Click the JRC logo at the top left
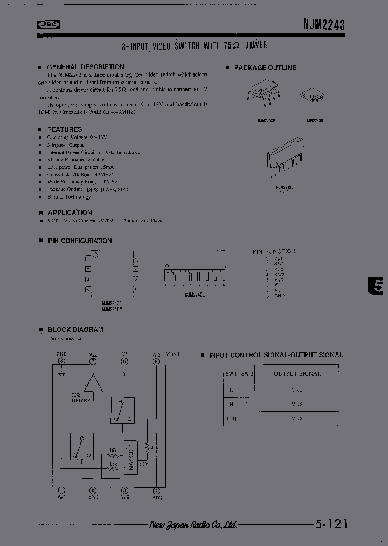click(x=48, y=24)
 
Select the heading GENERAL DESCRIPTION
click(x=86, y=67)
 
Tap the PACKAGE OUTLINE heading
click(x=265, y=67)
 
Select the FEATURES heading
click(x=65, y=129)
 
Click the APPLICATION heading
click(x=70, y=213)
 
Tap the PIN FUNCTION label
click(x=274, y=251)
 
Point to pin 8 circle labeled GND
click(x=61, y=361)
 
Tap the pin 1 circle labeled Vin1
click(x=61, y=490)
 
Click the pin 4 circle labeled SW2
click(x=156, y=490)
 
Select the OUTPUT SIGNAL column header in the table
click(x=297, y=373)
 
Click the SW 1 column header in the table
click(x=231, y=373)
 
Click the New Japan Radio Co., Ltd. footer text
click(x=192, y=524)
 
